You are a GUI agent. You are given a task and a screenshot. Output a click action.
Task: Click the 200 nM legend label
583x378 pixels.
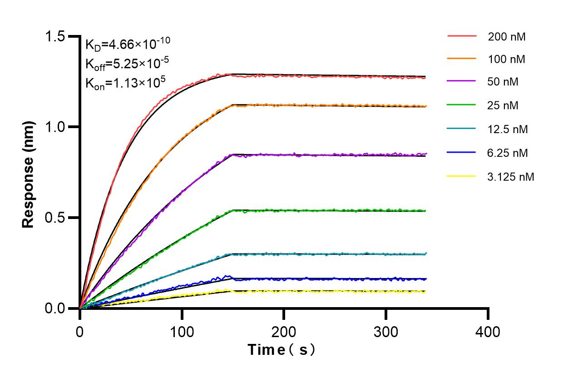pos(507,37)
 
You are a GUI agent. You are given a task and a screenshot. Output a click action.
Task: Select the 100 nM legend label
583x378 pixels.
pos(507,59)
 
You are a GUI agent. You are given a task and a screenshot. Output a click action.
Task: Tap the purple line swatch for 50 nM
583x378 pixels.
pos(461,82)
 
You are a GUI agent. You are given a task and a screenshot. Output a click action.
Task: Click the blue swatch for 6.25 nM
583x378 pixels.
pos(461,153)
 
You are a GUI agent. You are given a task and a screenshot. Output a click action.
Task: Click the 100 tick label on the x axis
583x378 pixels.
pos(182,332)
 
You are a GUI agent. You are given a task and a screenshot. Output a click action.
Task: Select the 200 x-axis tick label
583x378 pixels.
pos(284,332)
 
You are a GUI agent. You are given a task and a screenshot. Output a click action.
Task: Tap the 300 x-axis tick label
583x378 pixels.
pos(386,332)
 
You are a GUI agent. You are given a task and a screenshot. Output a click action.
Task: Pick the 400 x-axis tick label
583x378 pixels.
pos(488,332)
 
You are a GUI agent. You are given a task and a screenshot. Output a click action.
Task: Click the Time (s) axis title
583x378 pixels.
pos(282,350)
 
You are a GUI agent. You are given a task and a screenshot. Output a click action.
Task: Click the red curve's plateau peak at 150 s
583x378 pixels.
pos(233,74)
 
